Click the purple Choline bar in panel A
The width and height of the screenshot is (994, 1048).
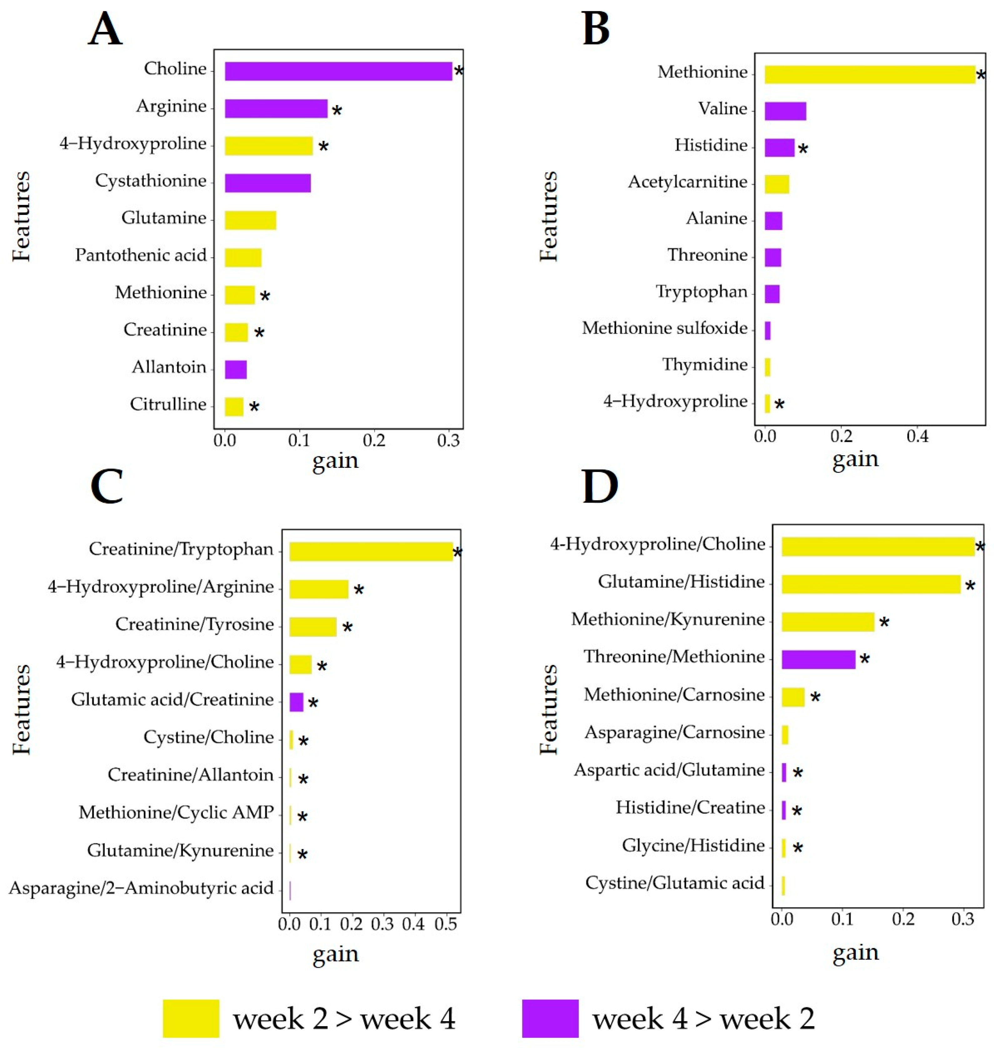(x=338, y=71)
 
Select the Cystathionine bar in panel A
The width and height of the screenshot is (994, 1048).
(x=268, y=183)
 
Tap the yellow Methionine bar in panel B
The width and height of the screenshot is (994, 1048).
(x=869, y=74)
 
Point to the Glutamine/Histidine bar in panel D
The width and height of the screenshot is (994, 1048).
(x=871, y=584)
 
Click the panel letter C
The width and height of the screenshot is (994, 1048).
(x=107, y=486)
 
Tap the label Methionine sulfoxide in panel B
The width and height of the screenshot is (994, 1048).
(x=665, y=328)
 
